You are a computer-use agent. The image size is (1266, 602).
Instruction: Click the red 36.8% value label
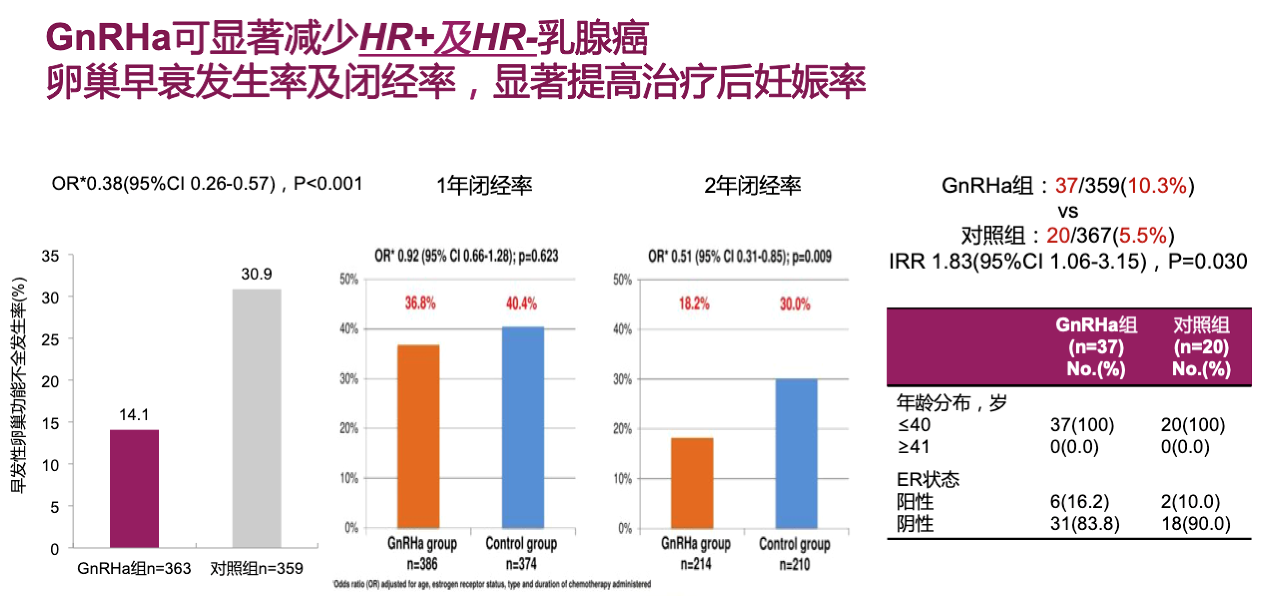[x=420, y=303]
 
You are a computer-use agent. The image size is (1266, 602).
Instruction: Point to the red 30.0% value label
[x=795, y=304]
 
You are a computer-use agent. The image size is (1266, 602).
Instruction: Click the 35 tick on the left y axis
[x=50, y=257]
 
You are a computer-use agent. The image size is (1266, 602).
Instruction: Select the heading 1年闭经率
[x=484, y=186]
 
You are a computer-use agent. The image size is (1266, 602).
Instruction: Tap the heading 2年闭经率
[x=752, y=186]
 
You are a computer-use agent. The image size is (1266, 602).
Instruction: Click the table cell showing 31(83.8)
[x=1085, y=524]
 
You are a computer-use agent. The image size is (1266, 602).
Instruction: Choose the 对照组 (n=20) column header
[x=1201, y=347]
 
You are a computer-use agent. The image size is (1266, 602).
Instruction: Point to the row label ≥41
[x=914, y=447]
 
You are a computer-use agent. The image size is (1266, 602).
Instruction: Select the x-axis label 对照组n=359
[x=257, y=569]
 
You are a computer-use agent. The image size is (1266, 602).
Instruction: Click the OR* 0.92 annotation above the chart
[x=466, y=256]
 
